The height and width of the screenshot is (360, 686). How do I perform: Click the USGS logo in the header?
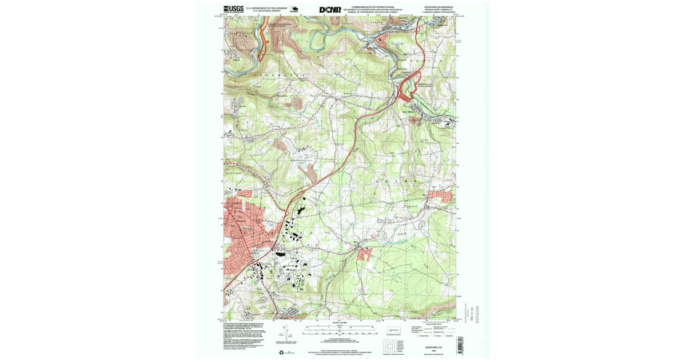click(x=233, y=9)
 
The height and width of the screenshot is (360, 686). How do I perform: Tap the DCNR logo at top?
click(x=330, y=9)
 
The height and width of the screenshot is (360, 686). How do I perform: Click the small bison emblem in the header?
click(x=294, y=9)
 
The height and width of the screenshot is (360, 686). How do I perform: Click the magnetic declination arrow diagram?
click(x=290, y=334)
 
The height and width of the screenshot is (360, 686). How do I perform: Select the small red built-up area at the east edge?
click(x=441, y=197)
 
